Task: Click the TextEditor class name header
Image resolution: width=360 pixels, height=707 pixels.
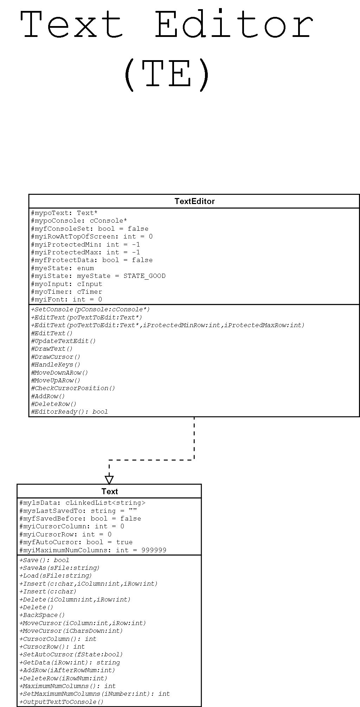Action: click(194, 201)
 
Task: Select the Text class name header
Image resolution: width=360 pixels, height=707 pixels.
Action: click(109, 491)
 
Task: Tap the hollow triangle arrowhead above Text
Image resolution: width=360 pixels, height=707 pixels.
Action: click(109, 480)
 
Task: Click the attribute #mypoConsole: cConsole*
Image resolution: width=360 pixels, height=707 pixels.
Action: click(79, 221)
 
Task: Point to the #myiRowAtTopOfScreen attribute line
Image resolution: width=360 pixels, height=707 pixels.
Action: click(92, 237)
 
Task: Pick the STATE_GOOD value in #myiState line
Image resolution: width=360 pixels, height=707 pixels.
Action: click(144, 276)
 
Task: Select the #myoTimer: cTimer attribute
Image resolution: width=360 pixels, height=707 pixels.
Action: click(66, 292)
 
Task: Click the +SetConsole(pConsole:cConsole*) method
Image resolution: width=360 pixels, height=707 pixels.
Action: click(90, 310)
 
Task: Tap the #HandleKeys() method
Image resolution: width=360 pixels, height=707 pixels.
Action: click(56, 365)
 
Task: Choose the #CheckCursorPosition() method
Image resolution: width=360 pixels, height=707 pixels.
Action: click(73, 388)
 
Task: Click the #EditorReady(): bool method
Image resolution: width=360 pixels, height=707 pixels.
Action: click(69, 412)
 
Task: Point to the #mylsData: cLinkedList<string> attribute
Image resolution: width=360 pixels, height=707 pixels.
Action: click(82, 503)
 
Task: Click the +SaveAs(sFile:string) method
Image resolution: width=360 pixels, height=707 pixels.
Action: click(59, 568)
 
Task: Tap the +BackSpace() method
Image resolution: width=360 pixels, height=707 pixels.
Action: click(42, 615)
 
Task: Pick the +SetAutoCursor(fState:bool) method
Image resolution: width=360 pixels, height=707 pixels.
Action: click(71, 655)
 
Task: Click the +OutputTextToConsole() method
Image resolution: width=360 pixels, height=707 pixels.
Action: click(62, 702)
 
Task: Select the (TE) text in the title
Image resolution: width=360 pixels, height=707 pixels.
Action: click(167, 75)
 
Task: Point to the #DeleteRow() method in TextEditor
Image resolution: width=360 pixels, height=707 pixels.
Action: click(53, 404)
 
